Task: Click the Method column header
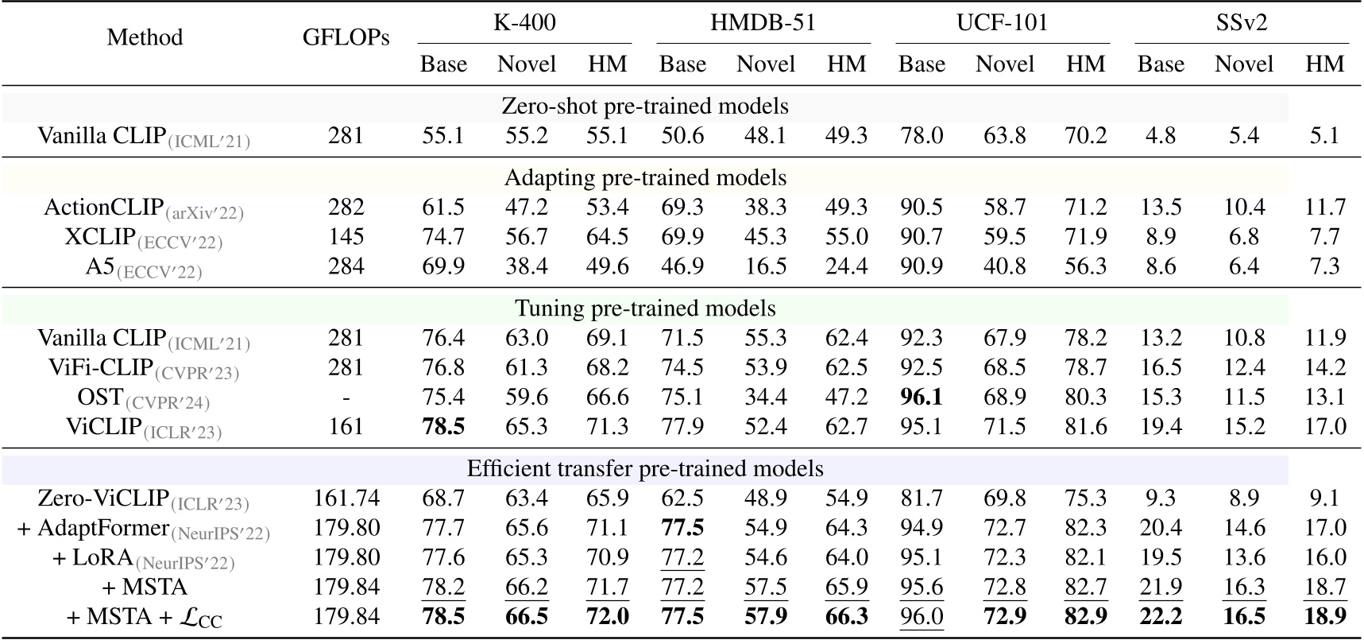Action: (145, 37)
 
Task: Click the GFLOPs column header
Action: (346, 37)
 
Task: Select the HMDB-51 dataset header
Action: (763, 22)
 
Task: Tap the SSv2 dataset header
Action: (1241, 22)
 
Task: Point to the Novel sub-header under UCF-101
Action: (1004, 64)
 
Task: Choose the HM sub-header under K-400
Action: (607, 64)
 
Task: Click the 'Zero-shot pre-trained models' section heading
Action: (645, 107)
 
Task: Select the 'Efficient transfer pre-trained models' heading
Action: (645, 468)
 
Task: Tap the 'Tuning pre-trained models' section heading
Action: (645, 308)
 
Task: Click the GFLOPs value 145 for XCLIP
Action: (346, 237)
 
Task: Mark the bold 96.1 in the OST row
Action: (921, 397)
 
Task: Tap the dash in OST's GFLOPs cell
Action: (346, 398)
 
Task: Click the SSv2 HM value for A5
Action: (1324, 266)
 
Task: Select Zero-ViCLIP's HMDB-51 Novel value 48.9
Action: (765, 498)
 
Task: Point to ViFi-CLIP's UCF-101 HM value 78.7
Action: (1085, 367)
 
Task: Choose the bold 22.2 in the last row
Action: (1161, 616)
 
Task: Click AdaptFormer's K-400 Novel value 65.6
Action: (526, 528)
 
